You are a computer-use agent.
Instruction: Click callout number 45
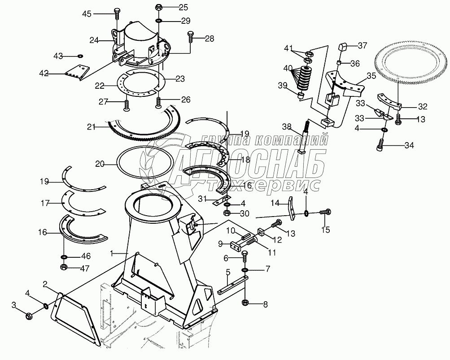click(x=87, y=14)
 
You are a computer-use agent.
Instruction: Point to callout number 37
click(x=362, y=45)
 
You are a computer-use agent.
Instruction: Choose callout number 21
click(x=92, y=127)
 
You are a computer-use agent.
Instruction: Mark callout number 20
click(x=100, y=164)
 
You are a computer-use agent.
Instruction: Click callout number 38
click(x=287, y=127)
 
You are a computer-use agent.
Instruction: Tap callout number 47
click(x=85, y=268)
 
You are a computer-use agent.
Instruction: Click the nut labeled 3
click(x=28, y=315)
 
